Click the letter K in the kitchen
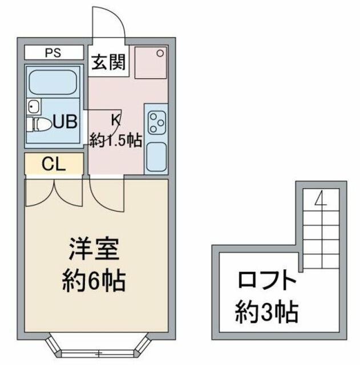(x=115, y=120)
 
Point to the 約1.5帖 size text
(x=116, y=140)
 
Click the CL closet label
(x=54, y=164)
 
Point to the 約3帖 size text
(x=267, y=311)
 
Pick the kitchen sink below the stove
(x=156, y=156)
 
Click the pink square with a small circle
(x=151, y=62)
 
